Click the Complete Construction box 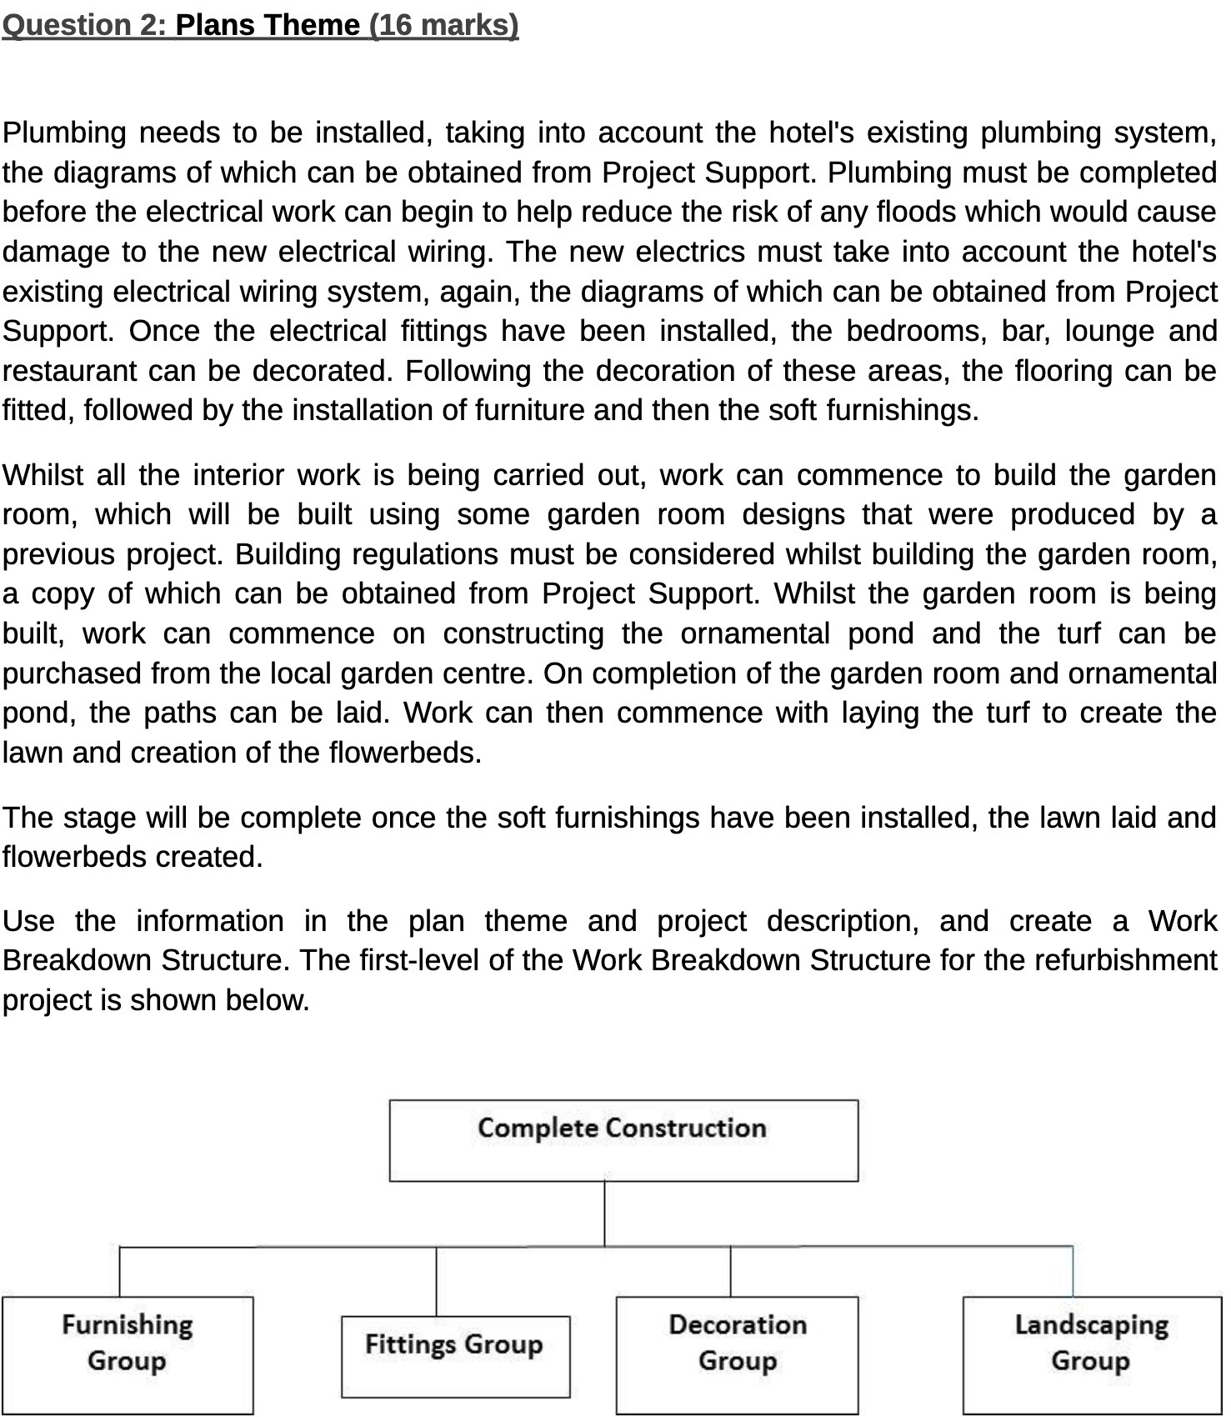point(623,1141)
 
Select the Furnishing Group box point(128,1354)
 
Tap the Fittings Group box point(455,1356)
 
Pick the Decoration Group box point(737,1354)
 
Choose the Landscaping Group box point(1092,1354)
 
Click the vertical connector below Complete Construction point(604,1214)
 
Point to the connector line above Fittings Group point(436,1282)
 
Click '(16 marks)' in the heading point(443,26)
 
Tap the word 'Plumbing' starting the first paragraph point(64,133)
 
